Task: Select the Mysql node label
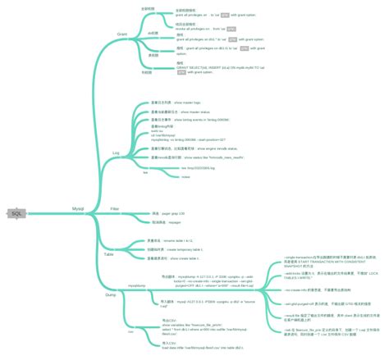(79, 209)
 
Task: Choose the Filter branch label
(115, 209)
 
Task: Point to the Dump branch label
(111, 292)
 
